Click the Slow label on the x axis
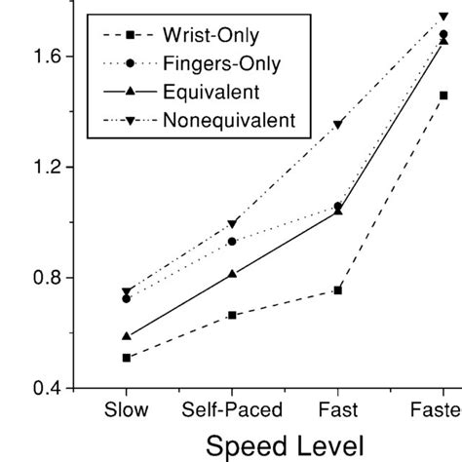[x=127, y=411]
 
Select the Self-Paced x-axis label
[x=232, y=411]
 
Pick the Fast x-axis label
[x=337, y=411]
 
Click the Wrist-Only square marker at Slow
[x=127, y=358]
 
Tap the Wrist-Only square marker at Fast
[x=338, y=290]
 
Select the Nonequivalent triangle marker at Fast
[x=338, y=124]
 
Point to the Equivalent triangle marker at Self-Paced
[x=232, y=274]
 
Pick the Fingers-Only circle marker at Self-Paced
[x=232, y=241]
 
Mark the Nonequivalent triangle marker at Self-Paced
[x=232, y=223]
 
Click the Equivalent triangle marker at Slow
[x=127, y=335]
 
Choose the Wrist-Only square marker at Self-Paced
[x=232, y=315]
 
